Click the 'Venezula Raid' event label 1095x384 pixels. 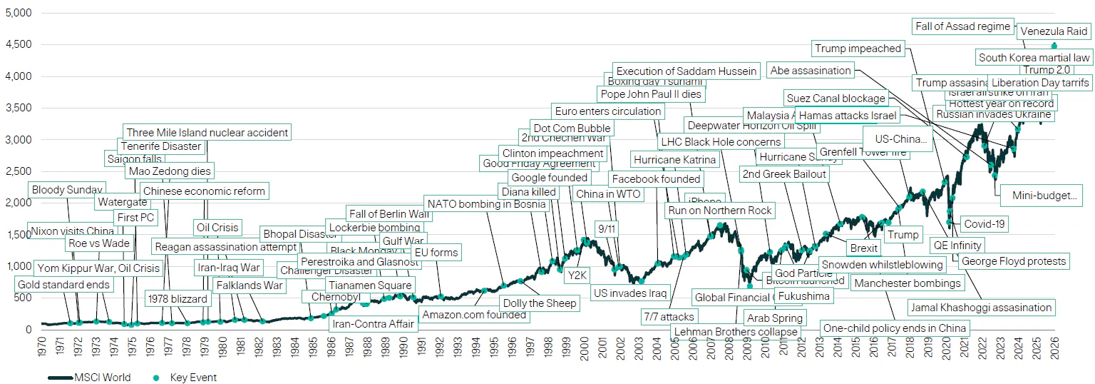coord(1054,31)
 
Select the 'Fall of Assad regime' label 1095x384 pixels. coord(962,26)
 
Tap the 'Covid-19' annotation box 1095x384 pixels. coord(984,224)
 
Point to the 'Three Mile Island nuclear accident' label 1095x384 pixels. coord(207,132)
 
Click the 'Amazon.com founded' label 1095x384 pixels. coord(473,315)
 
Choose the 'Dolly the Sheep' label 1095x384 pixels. coord(539,303)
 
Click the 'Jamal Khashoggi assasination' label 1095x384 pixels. coord(981,308)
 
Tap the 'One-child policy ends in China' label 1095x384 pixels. coord(895,328)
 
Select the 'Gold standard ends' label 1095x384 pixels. coord(64,286)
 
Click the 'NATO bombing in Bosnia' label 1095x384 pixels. coord(486,204)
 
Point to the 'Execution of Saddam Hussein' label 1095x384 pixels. coord(686,71)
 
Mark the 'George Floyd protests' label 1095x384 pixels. coord(1013,261)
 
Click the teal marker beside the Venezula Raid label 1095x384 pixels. coord(1054,46)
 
